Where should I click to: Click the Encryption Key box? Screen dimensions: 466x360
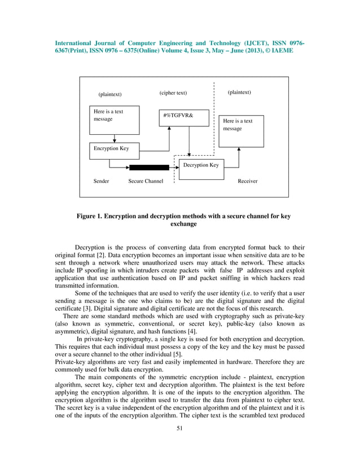point(112,150)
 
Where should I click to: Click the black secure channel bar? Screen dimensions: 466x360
point(149,168)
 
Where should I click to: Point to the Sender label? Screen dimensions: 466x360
point(101,182)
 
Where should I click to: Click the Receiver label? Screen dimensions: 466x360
point(248,182)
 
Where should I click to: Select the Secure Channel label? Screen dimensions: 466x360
point(146,182)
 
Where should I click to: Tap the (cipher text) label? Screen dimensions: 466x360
point(173,93)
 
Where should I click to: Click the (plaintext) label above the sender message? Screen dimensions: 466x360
point(110,94)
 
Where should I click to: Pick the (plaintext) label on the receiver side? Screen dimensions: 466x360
point(239,92)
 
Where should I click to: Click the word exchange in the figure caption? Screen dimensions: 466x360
point(183,224)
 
